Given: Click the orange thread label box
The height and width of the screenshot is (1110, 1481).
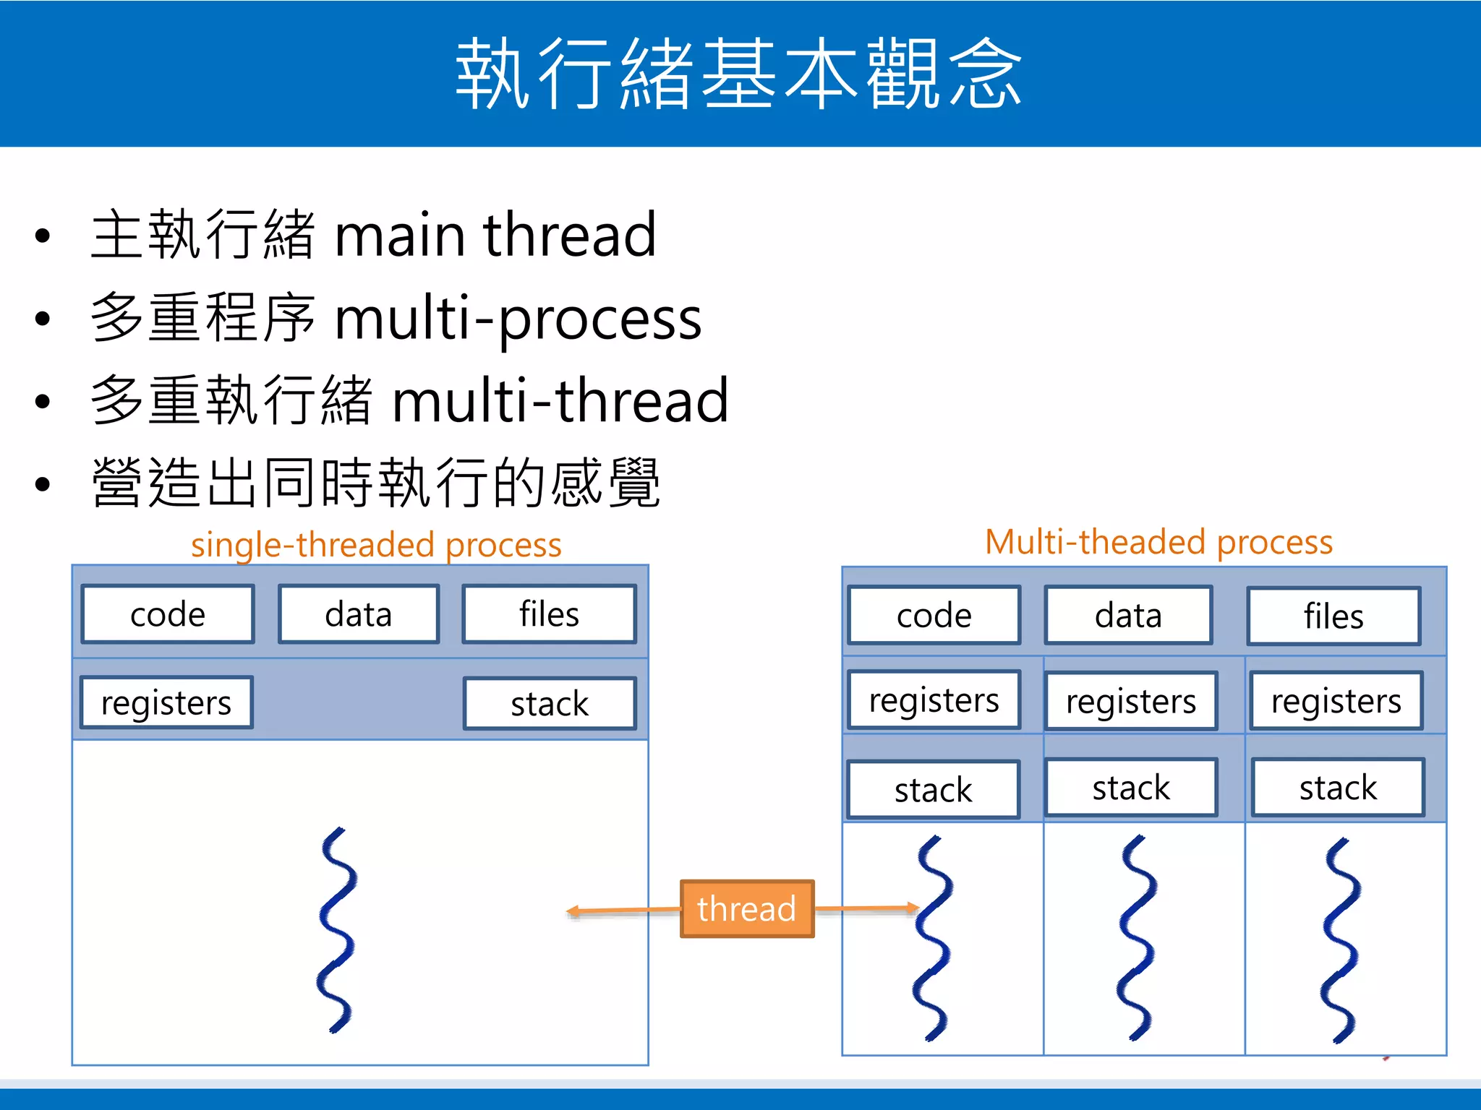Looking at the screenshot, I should (x=746, y=908).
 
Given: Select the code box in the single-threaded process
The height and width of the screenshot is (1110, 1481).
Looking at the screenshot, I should (x=168, y=614).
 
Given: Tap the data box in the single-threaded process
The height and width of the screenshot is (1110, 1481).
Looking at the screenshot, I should (x=359, y=614).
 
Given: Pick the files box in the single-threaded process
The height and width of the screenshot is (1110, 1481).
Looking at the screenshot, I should (x=549, y=614).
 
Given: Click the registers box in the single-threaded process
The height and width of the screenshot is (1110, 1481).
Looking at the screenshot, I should (x=166, y=702).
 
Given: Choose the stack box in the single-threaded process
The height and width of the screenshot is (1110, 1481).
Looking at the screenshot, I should (x=550, y=704).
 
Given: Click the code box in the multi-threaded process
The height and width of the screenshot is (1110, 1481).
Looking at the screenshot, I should (x=934, y=616).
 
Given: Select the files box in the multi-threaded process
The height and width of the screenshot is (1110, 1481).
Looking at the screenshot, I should (x=1333, y=616).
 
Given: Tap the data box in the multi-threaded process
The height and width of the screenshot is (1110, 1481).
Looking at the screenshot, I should (x=1128, y=616).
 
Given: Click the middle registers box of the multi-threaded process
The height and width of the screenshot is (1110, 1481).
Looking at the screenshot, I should (x=1131, y=701).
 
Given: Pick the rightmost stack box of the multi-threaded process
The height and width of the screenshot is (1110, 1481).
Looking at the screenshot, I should (x=1338, y=788).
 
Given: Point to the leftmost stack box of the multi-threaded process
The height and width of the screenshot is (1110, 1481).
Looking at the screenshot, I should (x=933, y=790).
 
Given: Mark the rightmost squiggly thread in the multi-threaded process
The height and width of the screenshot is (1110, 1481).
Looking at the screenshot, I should (x=1341, y=939).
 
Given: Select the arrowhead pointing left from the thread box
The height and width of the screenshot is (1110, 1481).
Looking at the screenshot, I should (x=573, y=911).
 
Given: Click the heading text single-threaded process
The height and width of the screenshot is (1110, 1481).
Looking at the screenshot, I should (x=376, y=545).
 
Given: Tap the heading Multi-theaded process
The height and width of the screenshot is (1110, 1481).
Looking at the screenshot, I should (x=1158, y=542).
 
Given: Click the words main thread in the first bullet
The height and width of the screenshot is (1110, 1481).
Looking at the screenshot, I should (x=495, y=235).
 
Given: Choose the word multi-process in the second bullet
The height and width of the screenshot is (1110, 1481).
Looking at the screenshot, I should (x=518, y=318).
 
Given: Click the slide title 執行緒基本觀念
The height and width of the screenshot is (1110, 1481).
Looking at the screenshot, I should (x=739, y=74).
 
